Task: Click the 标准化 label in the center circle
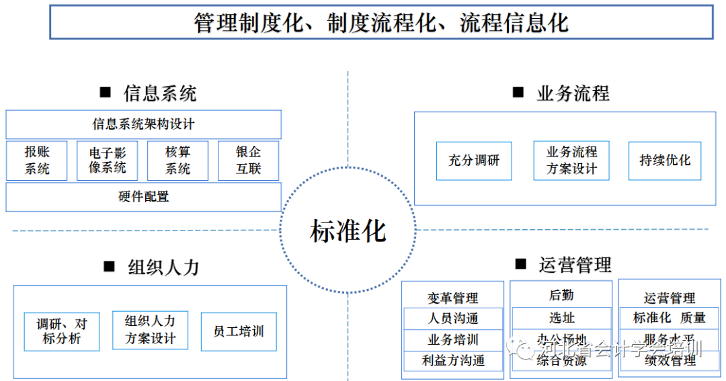point(348,231)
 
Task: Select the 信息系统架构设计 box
point(143,124)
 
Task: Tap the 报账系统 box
point(37,160)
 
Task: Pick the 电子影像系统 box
point(108,160)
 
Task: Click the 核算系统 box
point(178,160)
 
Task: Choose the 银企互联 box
point(248,160)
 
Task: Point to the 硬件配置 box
point(143,197)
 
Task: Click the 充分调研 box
point(474,161)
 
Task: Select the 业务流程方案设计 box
point(571,161)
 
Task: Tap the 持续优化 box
point(665,161)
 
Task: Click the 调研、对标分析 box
point(61,331)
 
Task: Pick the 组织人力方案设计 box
point(150,330)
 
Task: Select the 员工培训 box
point(239,331)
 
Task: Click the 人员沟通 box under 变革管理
point(453,319)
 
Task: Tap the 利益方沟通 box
point(453,361)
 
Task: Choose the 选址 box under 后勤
point(561,318)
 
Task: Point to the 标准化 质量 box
point(669,318)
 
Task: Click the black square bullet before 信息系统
point(105,92)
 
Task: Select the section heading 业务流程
point(573,93)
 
